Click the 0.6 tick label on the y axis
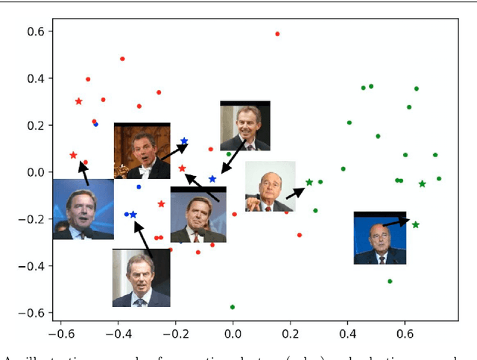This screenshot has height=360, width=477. [x=34, y=31]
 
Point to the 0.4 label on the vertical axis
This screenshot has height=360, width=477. [x=34, y=78]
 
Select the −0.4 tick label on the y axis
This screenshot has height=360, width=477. [x=31, y=266]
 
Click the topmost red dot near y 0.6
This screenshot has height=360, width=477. [x=277, y=34]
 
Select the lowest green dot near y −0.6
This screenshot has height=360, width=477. [x=233, y=307]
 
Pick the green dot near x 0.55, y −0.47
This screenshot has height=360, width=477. [x=390, y=281]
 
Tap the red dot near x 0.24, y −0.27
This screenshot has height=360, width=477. [x=300, y=235]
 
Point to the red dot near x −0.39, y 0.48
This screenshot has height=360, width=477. [x=122, y=59]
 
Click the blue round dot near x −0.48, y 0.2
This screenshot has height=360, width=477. [x=95, y=124]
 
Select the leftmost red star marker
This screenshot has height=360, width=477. [x=73, y=156]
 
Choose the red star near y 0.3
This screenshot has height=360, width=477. [x=79, y=101]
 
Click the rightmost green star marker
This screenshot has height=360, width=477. [x=422, y=183]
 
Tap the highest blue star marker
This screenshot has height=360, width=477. [x=184, y=141]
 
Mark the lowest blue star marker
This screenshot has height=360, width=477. [x=133, y=215]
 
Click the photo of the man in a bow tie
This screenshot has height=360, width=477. [x=142, y=151]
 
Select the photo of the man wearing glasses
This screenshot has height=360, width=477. [x=270, y=186]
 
